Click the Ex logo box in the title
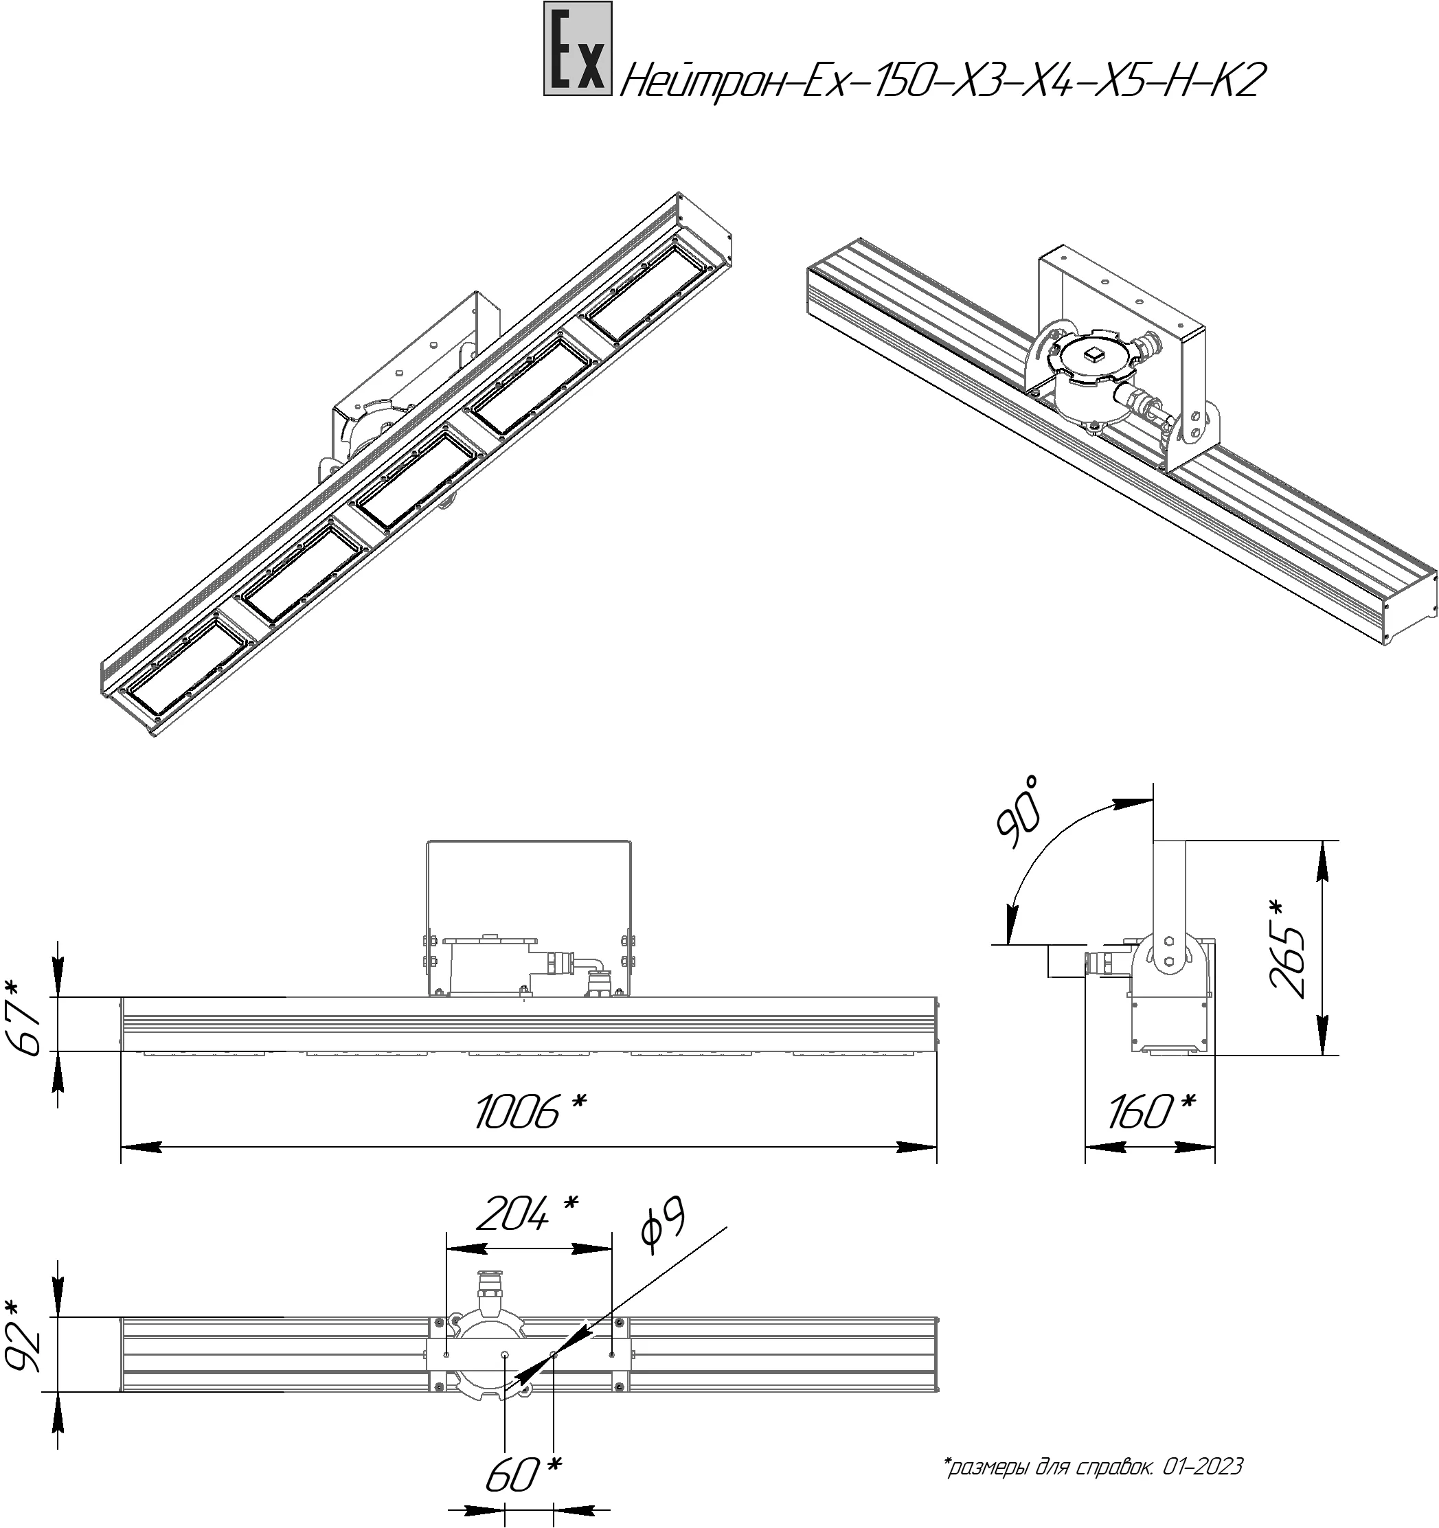(577, 49)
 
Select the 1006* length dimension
(530, 1113)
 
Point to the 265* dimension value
(1289, 948)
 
